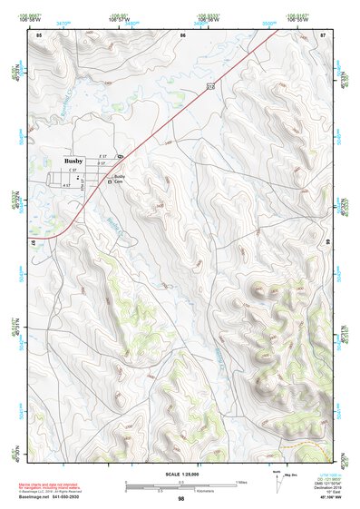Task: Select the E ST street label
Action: [x=102, y=155]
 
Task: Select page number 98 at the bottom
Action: [x=180, y=499]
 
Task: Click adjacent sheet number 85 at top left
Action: [x=39, y=34]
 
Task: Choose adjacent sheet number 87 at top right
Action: [x=322, y=34]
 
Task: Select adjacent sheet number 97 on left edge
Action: [x=33, y=245]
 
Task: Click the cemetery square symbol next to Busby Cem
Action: [x=110, y=181]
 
